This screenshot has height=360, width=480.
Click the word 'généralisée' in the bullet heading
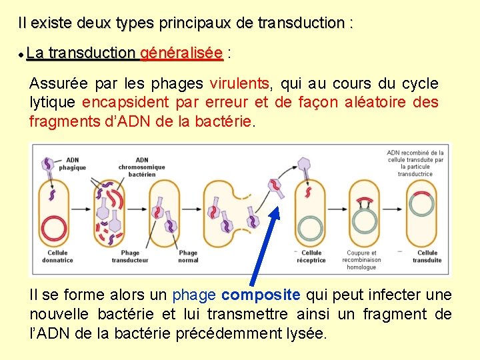pyautogui.click(x=181, y=53)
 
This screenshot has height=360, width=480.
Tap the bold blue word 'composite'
pyautogui.click(x=261, y=295)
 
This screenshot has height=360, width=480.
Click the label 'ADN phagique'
pyautogui.click(x=73, y=164)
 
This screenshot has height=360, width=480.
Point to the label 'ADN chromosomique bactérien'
pyautogui.click(x=142, y=167)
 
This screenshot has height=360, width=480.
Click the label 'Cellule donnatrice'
pyautogui.click(x=60, y=257)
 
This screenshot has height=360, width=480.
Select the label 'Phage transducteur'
pyautogui.click(x=131, y=257)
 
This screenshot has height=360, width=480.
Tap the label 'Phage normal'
pyautogui.click(x=188, y=257)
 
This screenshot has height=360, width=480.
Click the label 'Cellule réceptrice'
pyautogui.click(x=311, y=257)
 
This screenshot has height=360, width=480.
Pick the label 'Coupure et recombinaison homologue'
pyautogui.click(x=361, y=260)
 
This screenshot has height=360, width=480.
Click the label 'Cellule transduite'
pyautogui.click(x=427, y=257)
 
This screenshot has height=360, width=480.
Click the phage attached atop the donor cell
pyautogui.click(x=48, y=167)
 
